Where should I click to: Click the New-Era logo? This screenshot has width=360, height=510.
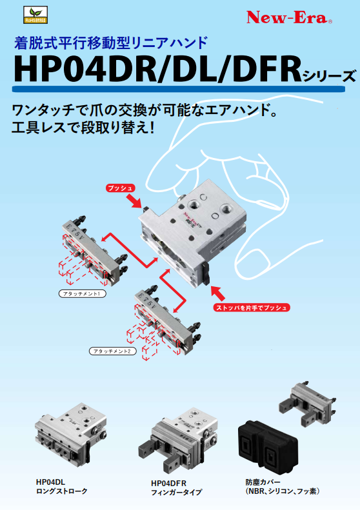(x=290, y=17)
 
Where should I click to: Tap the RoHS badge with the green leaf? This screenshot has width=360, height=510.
(x=35, y=15)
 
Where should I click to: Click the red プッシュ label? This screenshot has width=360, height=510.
(x=121, y=188)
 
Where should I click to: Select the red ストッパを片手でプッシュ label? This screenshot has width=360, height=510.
(x=252, y=308)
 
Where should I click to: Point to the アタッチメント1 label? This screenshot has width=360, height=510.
(x=83, y=294)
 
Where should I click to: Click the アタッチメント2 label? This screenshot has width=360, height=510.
(x=113, y=351)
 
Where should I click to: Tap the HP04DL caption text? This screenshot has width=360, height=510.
(x=50, y=482)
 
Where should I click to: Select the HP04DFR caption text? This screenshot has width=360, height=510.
(x=168, y=483)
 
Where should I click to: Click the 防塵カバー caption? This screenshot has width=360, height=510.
(x=263, y=482)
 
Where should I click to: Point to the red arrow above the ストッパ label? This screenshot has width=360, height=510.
(x=218, y=293)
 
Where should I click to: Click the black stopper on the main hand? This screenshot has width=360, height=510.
(x=206, y=273)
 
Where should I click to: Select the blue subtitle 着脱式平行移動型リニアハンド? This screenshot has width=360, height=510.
(x=111, y=43)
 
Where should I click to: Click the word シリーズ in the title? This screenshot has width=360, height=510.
(x=329, y=76)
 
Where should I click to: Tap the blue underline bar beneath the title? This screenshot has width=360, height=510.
(x=178, y=89)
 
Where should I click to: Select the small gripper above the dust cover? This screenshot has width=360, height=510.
(x=307, y=404)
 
